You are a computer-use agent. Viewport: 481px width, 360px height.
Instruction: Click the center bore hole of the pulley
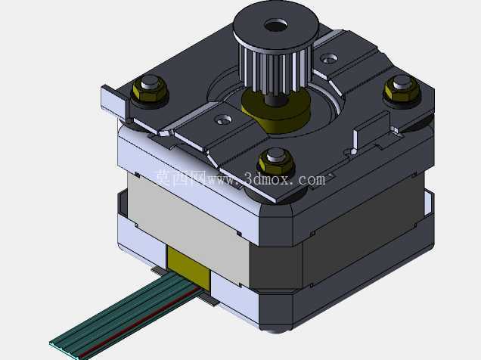click(276, 26)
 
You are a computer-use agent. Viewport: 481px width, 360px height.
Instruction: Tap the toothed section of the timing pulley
click(275, 70)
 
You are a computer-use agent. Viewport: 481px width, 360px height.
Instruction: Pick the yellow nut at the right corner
click(402, 88)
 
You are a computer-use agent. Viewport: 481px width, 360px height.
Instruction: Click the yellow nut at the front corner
click(276, 163)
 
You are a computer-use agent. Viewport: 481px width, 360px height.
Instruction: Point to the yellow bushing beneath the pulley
click(276, 111)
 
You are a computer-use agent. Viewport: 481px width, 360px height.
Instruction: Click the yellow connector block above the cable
click(189, 268)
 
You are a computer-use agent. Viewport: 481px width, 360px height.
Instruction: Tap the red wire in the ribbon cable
click(142, 323)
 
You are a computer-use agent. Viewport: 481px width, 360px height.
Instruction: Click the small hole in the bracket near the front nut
click(224, 120)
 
